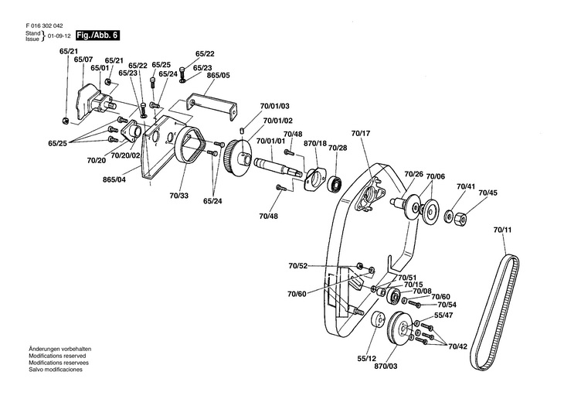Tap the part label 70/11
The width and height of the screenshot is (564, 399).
(x=502, y=230)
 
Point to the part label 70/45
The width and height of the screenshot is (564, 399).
(x=488, y=193)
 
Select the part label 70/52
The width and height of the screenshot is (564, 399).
(x=298, y=266)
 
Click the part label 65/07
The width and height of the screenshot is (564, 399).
(x=83, y=60)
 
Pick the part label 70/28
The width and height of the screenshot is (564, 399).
(x=338, y=148)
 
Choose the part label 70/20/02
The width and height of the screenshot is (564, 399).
(x=124, y=155)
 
